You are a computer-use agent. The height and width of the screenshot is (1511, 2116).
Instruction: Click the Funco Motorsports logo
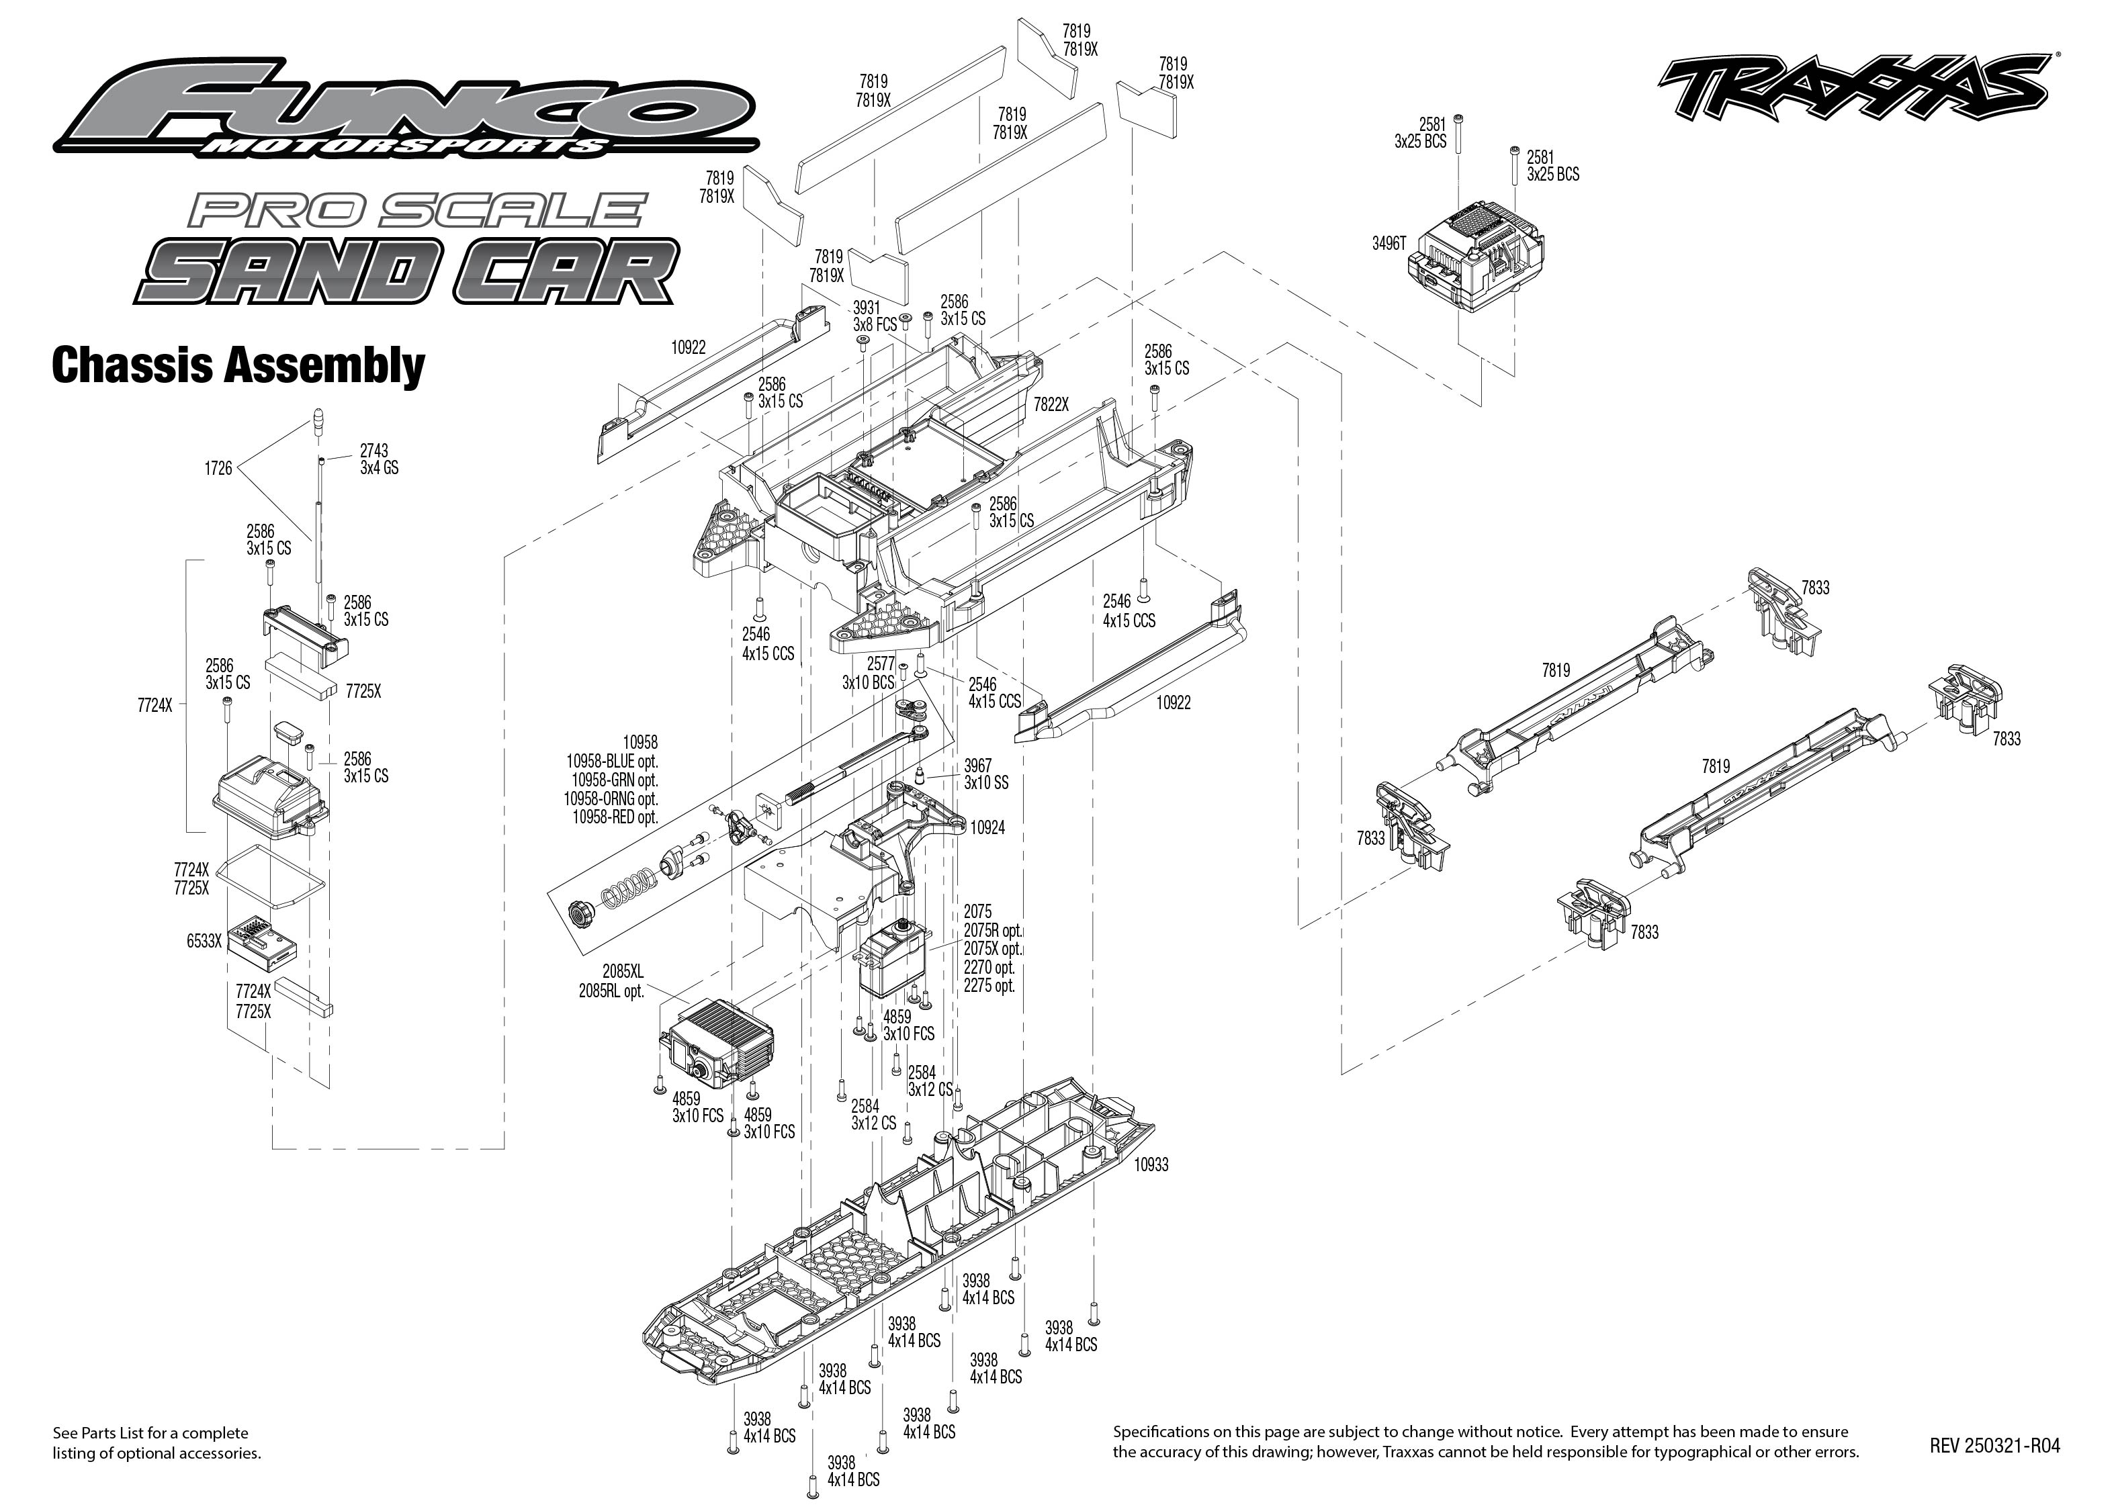[x=406, y=109]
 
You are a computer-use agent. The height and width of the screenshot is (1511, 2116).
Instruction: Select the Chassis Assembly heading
[x=238, y=365]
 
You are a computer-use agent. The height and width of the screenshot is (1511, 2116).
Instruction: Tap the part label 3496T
[x=1388, y=244]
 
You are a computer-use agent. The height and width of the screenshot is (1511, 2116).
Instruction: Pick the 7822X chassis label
[x=1051, y=405]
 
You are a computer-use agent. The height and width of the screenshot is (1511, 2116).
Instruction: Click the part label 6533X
[x=204, y=942]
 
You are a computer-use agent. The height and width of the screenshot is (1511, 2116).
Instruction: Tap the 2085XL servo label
[x=623, y=972]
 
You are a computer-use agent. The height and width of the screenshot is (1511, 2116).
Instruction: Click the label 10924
[x=987, y=828]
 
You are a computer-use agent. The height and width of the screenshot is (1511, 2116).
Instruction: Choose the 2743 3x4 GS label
[x=379, y=459]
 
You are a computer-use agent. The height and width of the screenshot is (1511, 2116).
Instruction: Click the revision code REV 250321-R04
[x=1994, y=1446]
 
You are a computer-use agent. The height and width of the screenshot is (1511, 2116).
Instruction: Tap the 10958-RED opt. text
[x=615, y=817]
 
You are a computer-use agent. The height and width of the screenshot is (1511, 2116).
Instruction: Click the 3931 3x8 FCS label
[x=874, y=316]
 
